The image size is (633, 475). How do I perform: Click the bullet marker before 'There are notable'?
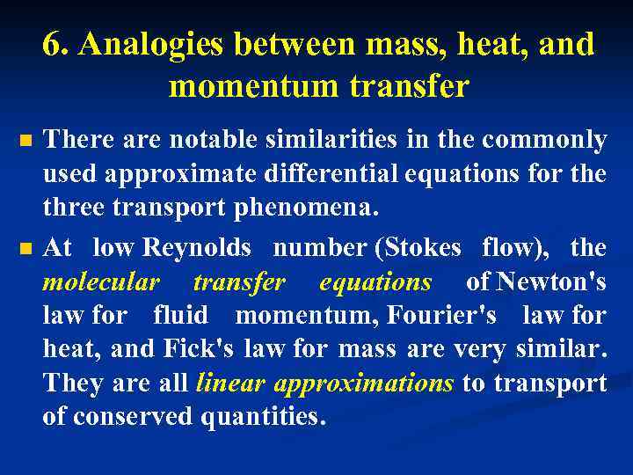[25, 141]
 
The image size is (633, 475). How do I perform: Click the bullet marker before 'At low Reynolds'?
[25, 248]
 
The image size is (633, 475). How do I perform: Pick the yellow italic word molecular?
[101, 282]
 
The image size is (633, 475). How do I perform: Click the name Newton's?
[550, 282]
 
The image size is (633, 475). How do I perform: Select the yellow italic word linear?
[231, 384]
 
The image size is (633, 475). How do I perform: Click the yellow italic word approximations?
[364, 384]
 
